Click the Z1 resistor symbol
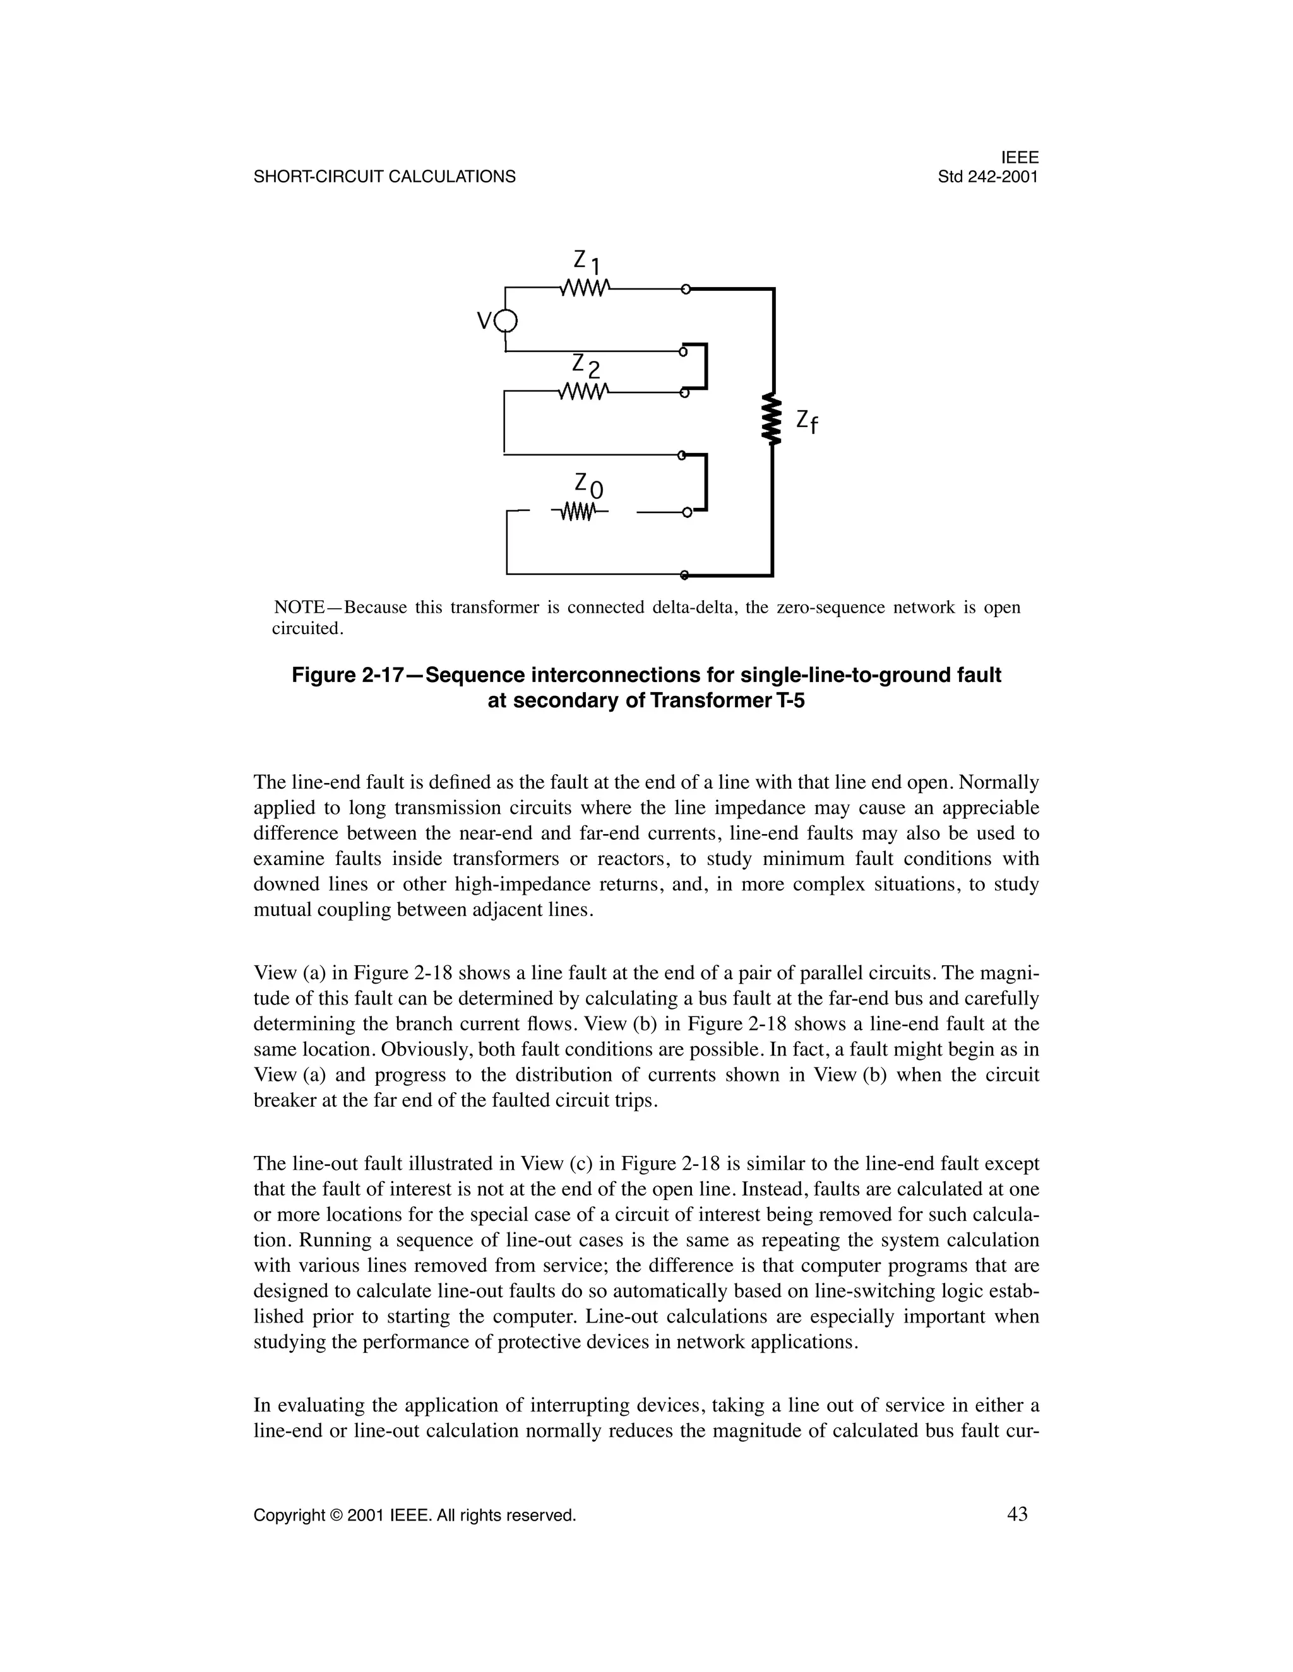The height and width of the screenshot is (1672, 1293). click(585, 288)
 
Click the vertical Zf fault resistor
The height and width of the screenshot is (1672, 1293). click(772, 420)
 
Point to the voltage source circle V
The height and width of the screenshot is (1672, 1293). click(506, 321)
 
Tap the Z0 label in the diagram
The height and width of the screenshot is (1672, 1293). click(588, 484)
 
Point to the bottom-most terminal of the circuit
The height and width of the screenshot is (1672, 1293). click(684, 574)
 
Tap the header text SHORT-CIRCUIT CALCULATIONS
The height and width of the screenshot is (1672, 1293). click(384, 177)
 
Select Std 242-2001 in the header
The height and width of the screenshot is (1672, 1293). click(988, 177)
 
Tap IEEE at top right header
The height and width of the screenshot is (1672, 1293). click(1020, 158)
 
